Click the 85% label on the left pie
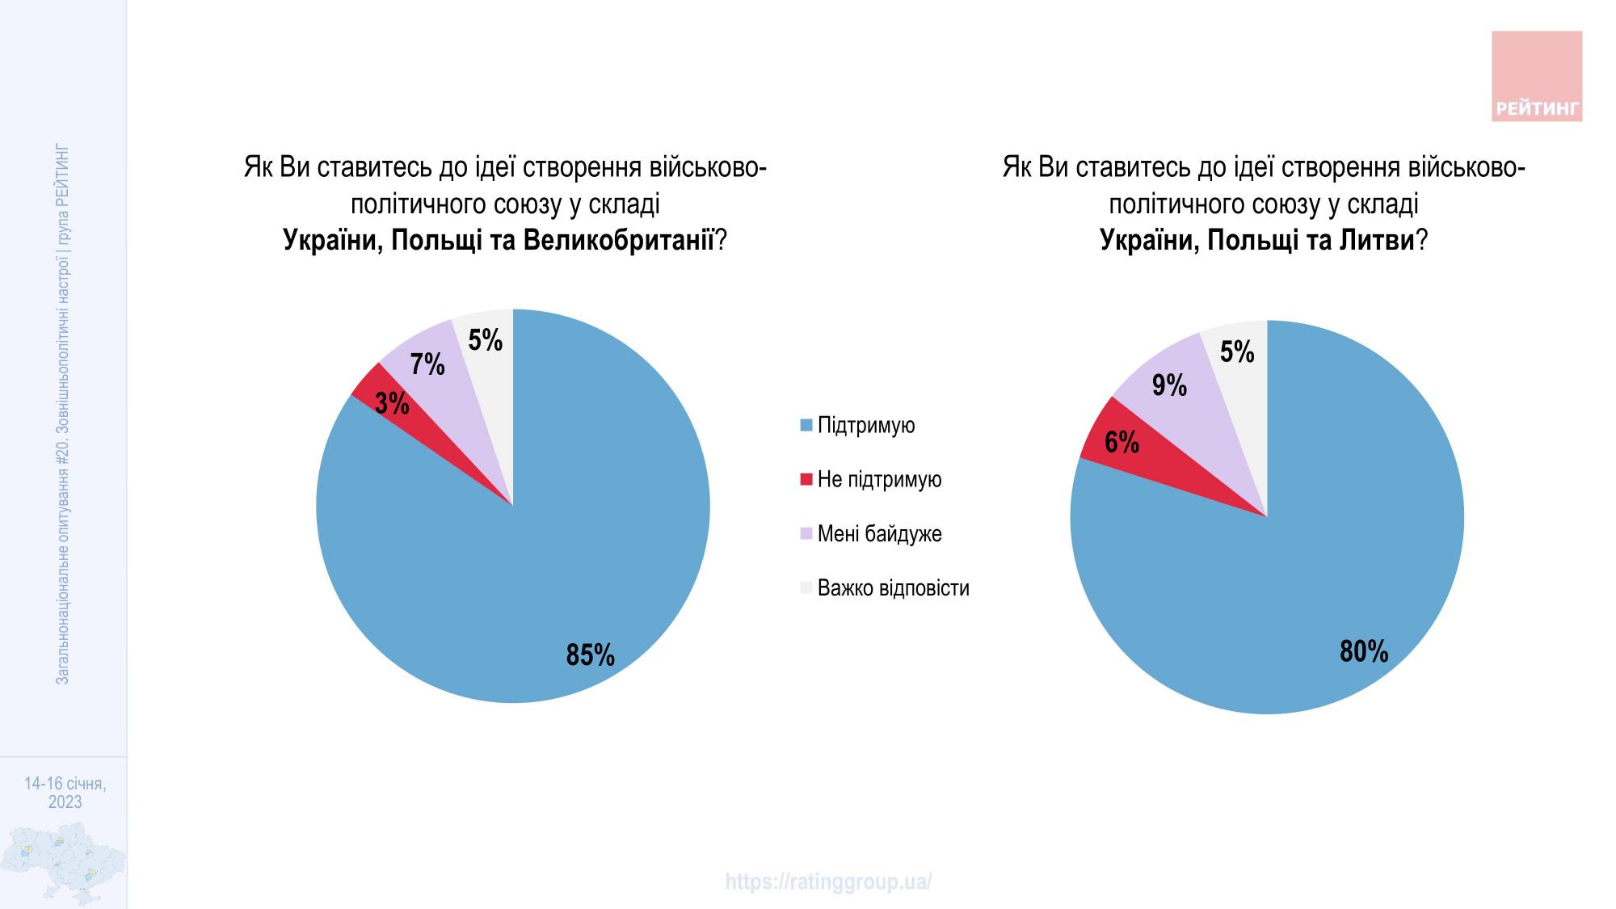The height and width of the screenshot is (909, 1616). click(590, 654)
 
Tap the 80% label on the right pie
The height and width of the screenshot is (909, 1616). click(1363, 651)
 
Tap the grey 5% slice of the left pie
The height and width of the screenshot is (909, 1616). click(486, 340)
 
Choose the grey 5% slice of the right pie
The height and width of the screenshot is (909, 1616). click(1237, 352)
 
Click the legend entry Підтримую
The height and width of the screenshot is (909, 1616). click(865, 425)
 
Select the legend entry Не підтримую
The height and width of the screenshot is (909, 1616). click(879, 479)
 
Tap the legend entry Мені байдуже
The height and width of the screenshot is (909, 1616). click(879, 533)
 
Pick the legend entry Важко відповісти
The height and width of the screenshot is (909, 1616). click(893, 587)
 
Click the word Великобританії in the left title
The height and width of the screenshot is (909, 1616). click(619, 240)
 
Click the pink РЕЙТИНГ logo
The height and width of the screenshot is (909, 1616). click(1536, 77)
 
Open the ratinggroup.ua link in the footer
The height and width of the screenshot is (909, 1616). click(828, 882)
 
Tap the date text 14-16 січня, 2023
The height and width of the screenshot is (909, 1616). click(65, 793)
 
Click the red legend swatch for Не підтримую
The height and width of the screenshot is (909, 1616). click(806, 480)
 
